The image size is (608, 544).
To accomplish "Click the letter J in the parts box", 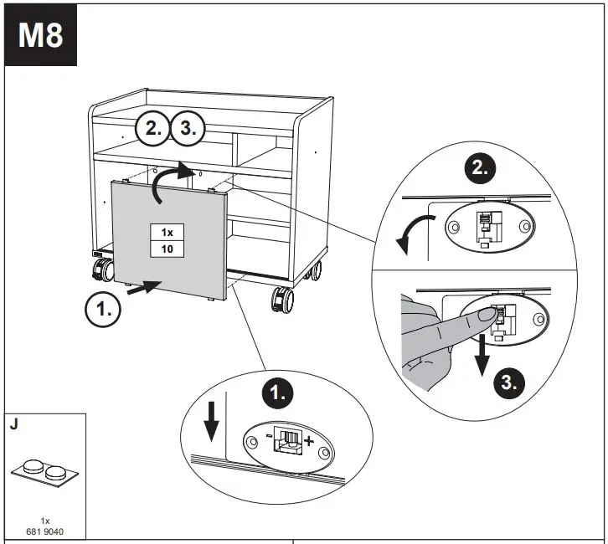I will (x=13, y=424).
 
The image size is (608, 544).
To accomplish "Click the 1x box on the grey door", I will (x=167, y=232).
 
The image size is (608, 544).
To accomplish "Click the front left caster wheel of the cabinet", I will (x=104, y=271).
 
